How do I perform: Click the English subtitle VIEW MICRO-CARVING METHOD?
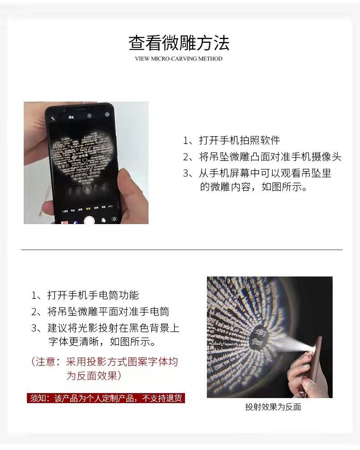[x=179, y=59]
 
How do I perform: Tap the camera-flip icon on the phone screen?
[x=114, y=219]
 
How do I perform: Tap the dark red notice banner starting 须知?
[x=106, y=398]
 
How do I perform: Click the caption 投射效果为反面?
[x=273, y=407]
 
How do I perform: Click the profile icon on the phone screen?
[x=90, y=116]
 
